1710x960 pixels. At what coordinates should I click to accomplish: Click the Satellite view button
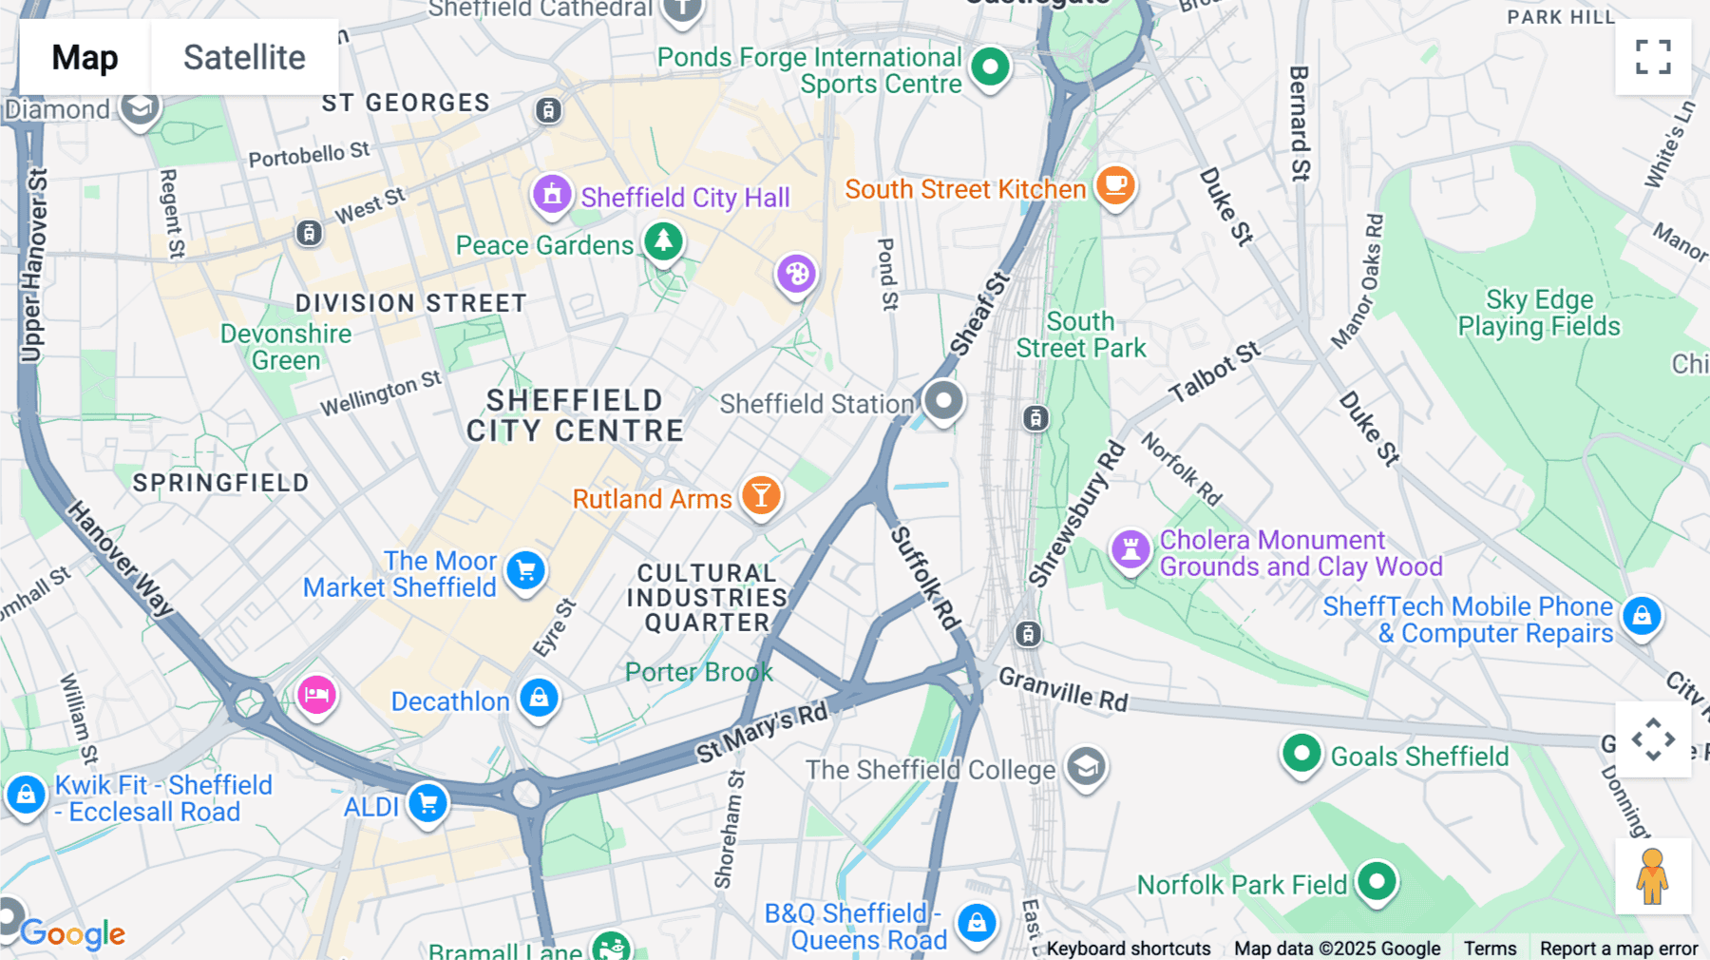pyautogui.click(x=244, y=57)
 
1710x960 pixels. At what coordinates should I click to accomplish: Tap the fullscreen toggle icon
pyautogui.click(x=1653, y=57)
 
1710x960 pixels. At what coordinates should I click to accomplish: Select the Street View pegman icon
pyautogui.click(x=1653, y=876)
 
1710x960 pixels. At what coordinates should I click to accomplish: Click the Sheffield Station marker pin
pyautogui.click(x=943, y=401)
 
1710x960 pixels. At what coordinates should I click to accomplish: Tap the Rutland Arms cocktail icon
pyautogui.click(x=761, y=495)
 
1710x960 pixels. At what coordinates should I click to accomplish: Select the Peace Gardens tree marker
pyautogui.click(x=663, y=241)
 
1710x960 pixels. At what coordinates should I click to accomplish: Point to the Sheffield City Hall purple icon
pyautogui.click(x=551, y=194)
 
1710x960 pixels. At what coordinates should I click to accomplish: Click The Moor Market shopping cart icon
pyautogui.click(x=525, y=570)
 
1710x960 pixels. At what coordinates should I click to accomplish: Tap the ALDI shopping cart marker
pyautogui.click(x=428, y=803)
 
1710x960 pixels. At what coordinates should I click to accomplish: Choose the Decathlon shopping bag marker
pyautogui.click(x=539, y=698)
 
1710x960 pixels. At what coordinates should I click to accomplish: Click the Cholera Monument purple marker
pyautogui.click(x=1130, y=548)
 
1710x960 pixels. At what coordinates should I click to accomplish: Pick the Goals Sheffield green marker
pyautogui.click(x=1301, y=755)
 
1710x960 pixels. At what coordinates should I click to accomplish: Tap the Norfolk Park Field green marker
pyautogui.click(x=1377, y=881)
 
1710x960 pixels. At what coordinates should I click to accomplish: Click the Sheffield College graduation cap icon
pyautogui.click(x=1086, y=766)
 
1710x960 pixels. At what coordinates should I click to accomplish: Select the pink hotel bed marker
pyautogui.click(x=316, y=695)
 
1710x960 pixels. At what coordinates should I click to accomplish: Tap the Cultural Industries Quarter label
pyautogui.click(x=707, y=598)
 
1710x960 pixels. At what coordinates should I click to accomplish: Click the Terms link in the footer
pyautogui.click(x=1490, y=948)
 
